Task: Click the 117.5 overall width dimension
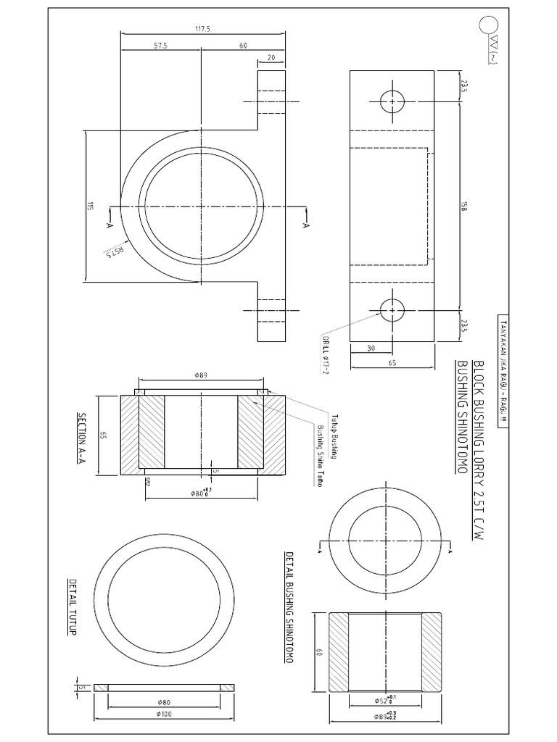pyautogui.click(x=202, y=29)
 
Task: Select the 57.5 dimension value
pyautogui.click(x=161, y=45)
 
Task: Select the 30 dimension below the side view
pyautogui.click(x=371, y=348)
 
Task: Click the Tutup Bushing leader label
pyautogui.click(x=334, y=436)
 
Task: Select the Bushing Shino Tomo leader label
pyautogui.click(x=318, y=455)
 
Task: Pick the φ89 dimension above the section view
pyautogui.click(x=201, y=375)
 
